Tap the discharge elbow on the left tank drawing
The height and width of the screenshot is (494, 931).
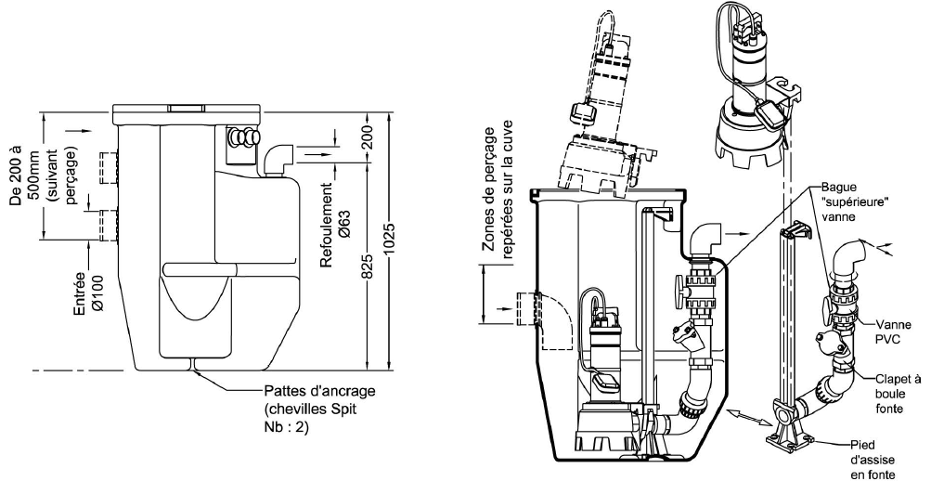[x=276, y=158]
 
